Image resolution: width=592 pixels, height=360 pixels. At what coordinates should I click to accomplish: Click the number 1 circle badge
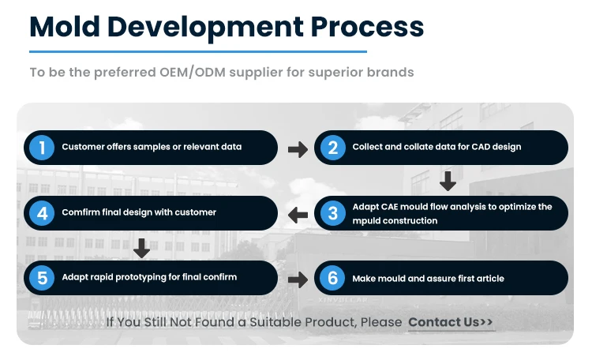click(40, 147)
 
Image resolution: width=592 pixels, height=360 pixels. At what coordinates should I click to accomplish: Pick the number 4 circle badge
click(40, 212)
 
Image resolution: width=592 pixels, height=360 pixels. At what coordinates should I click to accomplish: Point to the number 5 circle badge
click(40, 278)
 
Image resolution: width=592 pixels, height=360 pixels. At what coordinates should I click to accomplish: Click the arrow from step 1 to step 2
click(298, 148)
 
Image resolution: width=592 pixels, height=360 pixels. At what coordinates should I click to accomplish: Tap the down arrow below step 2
click(448, 182)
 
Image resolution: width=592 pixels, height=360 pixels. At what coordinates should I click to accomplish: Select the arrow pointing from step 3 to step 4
click(298, 214)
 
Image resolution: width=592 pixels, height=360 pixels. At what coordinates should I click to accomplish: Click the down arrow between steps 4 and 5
click(142, 248)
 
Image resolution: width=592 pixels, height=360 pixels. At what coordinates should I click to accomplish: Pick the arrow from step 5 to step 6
click(298, 279)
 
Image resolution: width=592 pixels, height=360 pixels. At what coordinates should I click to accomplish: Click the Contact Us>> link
click(451, 322)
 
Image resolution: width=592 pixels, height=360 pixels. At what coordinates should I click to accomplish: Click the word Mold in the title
click(63, 27)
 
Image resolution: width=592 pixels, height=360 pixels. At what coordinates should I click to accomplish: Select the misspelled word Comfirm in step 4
click(79, 212)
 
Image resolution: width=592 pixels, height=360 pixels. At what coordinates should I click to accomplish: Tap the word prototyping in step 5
click(147, 277)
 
